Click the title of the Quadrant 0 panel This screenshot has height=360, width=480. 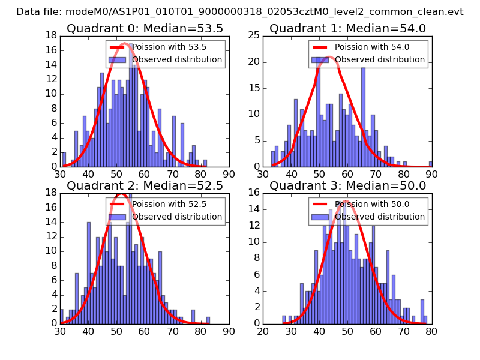click(x=145, y=28)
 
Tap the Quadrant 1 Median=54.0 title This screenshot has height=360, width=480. click(x=347, y=28)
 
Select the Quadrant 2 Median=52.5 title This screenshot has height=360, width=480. click(x=145, y=185)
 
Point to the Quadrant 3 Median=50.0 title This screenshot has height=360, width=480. click(x=347, y=185)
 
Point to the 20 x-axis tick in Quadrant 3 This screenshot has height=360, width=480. click(x=263, y=330)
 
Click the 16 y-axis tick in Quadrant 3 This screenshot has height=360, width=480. click(x=254, y=193)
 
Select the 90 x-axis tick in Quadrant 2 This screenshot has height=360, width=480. click(x=229, y=330)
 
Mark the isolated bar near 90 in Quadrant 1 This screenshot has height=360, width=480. click(x=430, y=164)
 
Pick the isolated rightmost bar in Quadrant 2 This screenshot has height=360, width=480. click(x=208, y=320)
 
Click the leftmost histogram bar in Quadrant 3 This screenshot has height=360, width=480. click(x=284, y=319)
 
